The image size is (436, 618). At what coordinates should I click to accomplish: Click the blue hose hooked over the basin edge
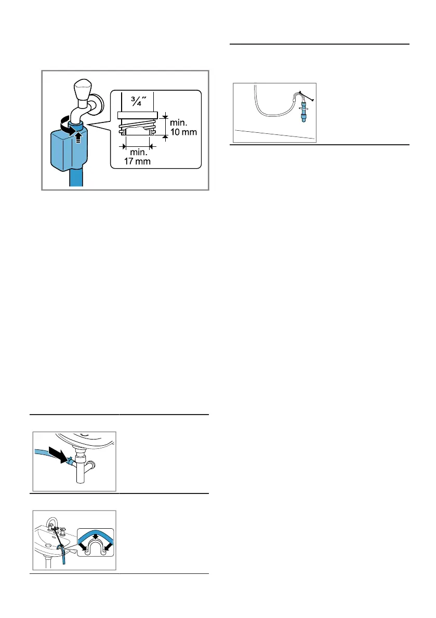tap(63, 556)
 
